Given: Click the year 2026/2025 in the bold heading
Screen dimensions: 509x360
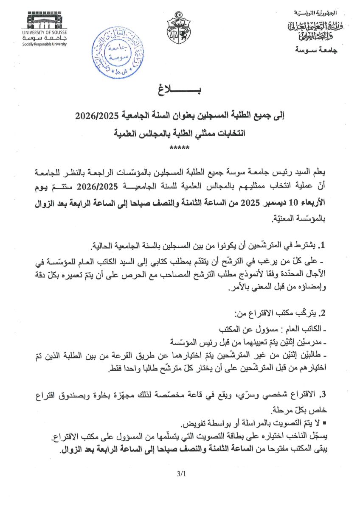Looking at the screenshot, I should tap(96, 115).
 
